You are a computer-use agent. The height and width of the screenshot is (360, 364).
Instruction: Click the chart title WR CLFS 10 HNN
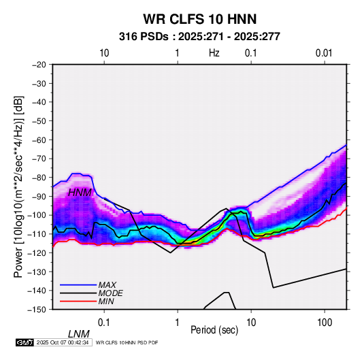pyautogui.click(x=199, y=19)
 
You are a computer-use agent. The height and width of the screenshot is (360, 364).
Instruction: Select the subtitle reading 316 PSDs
pyautogui.click(x=144, y=37)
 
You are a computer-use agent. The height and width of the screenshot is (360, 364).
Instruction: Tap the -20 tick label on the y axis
pyautogui.click(x=39, y=65)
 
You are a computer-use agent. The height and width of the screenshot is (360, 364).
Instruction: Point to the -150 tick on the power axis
pyautogui.click(x=37, y=310)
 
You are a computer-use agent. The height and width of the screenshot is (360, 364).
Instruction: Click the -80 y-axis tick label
pyautogui.click(x=39, y=178)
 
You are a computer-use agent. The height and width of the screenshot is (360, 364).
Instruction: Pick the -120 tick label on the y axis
pyautogui.click(x=37, y=252)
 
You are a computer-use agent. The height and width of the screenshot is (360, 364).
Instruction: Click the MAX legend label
pyautogui.click(x=107, y=285)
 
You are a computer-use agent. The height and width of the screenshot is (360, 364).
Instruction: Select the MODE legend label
pyautogui.click(x=110, y=293)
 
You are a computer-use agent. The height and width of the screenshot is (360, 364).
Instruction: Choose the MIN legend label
pyautogui.click(x=106, y=301)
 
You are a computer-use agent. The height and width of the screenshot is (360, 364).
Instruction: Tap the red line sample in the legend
pyautogui.click(x=78, y=301)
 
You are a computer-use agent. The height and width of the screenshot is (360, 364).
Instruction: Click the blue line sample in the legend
pyautogui.click(x=78, y=285)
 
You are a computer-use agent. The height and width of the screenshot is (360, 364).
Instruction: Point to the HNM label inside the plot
pyautogui.click(x=80, y=193)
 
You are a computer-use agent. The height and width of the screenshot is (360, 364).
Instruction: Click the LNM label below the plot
pyautogui.click(x=79, y=334)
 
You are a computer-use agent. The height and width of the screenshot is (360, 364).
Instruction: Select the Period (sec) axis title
pyautogui.click(x=214, y=330)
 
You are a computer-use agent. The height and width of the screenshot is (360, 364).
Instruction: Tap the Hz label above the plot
pyautogui.click(x=214, y=53)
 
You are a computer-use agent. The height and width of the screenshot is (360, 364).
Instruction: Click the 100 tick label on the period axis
pyautogui.click(x=325, y=323)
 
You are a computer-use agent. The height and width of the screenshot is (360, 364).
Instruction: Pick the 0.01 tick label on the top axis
pyautogui.click(x=324, y=53)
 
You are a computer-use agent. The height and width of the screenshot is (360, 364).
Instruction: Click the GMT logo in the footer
pyautogui.click(x=25, y=342)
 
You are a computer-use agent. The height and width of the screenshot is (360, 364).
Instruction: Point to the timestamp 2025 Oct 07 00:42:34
pyautogui.click(x=63, y=342)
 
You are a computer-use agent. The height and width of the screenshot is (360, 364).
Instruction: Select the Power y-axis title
pyautogui.click(x=19, y=186)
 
